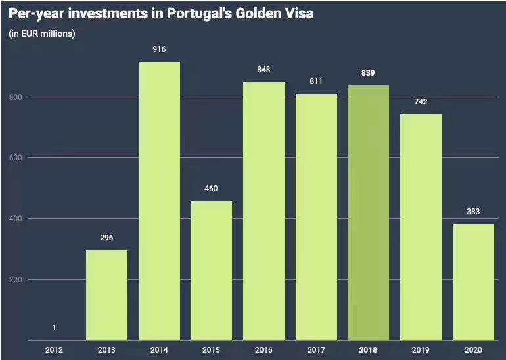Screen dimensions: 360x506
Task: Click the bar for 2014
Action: coord(159,201)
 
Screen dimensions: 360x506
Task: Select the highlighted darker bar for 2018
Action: coord(368,213)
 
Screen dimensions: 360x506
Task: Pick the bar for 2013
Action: coord(107,295)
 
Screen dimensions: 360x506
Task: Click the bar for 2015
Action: coord(212,271)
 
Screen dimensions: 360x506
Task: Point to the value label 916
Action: coord(159,49)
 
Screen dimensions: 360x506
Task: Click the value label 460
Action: coord(212,189)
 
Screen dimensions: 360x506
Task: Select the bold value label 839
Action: coord(368,73)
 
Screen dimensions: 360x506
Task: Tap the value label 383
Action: coord(473,212)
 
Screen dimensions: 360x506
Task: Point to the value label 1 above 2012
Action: coord(55,328)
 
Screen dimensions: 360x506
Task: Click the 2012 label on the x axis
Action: coord(55,351)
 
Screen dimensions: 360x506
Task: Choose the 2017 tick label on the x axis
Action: coord(316,351)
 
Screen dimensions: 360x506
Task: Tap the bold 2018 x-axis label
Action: coord(368,351)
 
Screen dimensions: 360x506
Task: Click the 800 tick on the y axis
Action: coord(15,97)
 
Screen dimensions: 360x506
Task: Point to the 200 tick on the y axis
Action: coord(15,279)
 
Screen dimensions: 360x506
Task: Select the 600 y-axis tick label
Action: coord(15,158)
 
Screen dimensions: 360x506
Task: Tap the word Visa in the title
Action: coord(297,14)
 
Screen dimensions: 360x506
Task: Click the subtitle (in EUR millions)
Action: coord(42,34)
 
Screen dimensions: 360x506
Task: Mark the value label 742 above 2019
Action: coord(421,102)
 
